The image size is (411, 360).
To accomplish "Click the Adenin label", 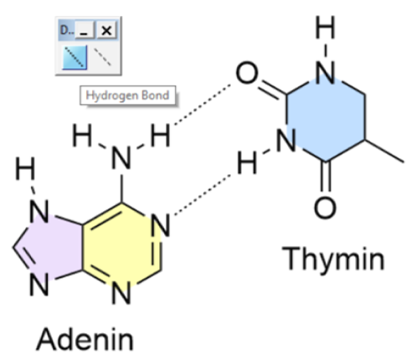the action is (85, 339).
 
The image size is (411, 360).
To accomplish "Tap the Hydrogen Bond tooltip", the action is (128, 95).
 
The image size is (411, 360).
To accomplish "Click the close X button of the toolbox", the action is (106, 30).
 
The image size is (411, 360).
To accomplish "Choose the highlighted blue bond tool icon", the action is (74, 57).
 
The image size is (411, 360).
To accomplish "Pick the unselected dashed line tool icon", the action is (102, 57).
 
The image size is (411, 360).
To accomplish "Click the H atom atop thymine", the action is (325, 27).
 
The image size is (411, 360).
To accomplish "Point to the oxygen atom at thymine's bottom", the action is (325, 208).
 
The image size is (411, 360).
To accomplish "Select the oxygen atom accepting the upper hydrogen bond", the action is (247, 73).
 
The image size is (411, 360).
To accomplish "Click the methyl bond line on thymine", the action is (384, 151).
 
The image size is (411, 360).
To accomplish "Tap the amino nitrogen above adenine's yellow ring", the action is (121, 158).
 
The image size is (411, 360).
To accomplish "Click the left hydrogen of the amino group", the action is (82, 136).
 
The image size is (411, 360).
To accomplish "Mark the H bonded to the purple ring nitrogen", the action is (25, 168).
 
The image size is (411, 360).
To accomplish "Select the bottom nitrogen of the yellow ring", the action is (121, 292).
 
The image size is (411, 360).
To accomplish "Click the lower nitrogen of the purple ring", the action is (39, 284).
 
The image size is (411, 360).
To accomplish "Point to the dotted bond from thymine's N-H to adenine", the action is (203, 195).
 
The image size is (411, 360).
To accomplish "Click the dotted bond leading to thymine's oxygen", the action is (203, 104).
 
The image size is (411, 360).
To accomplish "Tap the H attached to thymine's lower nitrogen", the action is (247, 163).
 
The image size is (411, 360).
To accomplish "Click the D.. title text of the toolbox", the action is (67, 30).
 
